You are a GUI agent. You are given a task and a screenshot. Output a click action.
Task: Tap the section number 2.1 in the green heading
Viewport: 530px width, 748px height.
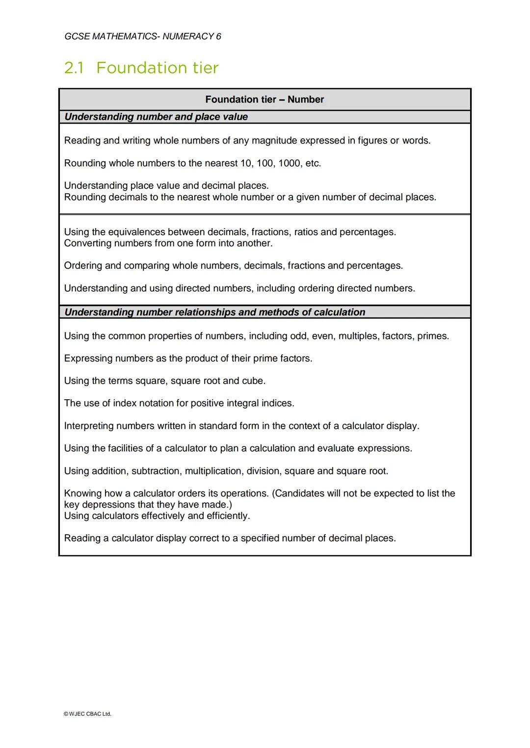[74, 68]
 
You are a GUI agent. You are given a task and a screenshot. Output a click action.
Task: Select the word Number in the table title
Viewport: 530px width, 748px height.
[305, 100]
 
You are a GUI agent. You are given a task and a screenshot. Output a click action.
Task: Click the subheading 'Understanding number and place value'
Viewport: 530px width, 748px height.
[156, 117]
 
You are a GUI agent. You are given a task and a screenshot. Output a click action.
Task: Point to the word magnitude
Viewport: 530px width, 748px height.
[274, 141]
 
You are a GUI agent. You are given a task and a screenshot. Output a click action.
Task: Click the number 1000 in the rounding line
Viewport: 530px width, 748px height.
[290, 163]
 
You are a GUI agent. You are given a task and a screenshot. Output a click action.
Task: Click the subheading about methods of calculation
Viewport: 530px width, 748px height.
[215, 312]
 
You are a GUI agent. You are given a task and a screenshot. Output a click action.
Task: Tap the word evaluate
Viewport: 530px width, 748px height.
[336, 449]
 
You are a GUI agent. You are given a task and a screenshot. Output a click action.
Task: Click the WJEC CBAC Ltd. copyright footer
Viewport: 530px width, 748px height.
[88, 714]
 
